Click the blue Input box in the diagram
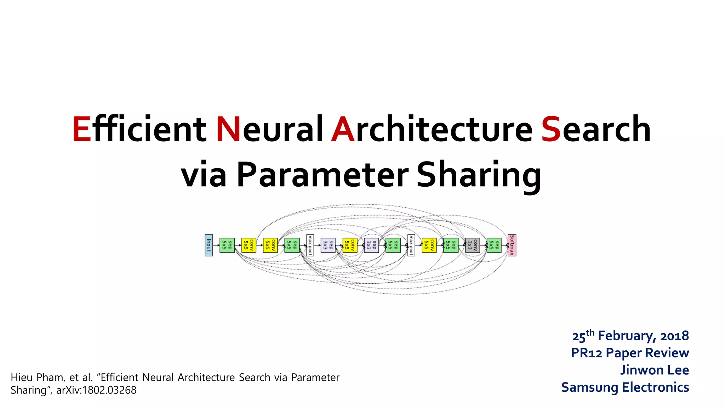209,245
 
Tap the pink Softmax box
512,245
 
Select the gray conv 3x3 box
472,245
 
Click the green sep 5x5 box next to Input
227,245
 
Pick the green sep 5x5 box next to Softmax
494,245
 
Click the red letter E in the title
82,130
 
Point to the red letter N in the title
228,130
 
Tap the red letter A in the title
343,130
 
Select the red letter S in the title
551,130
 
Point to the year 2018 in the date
674,336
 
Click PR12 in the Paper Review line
587,353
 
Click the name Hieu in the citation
22,378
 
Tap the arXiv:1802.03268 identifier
96,390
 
